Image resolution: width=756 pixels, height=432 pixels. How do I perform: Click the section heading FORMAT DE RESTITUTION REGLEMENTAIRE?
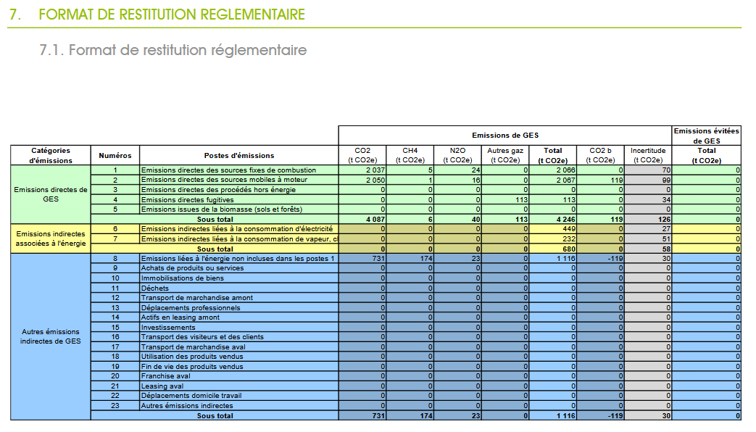172,14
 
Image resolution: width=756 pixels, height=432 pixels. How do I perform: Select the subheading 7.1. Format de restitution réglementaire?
173,50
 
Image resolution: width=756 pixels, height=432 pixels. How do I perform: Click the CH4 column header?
410,155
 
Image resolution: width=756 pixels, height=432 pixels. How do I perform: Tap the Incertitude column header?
647,155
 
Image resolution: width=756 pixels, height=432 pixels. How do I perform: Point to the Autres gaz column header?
504,155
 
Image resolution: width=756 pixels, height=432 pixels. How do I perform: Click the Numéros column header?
115,155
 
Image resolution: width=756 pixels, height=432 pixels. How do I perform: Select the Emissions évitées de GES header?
706,136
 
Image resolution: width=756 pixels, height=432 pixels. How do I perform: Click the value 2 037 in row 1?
375,170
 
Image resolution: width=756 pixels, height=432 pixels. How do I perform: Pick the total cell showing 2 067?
565,180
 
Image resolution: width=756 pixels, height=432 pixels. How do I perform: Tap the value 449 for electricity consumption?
569,229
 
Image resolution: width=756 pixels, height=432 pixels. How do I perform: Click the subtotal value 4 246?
565,220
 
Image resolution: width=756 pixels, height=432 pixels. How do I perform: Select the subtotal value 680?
569,249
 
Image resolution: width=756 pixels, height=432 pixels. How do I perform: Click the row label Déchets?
155,288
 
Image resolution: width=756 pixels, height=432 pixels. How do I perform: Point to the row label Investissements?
168,328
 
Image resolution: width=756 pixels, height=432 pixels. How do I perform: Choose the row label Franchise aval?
165,376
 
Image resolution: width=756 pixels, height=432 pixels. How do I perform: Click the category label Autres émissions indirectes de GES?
51,336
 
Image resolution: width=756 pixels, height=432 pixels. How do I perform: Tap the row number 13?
115,307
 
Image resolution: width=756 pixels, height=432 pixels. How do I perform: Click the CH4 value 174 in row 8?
426,259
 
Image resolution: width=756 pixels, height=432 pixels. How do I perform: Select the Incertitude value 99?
666,180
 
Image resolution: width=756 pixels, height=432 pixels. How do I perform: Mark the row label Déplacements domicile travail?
191,396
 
